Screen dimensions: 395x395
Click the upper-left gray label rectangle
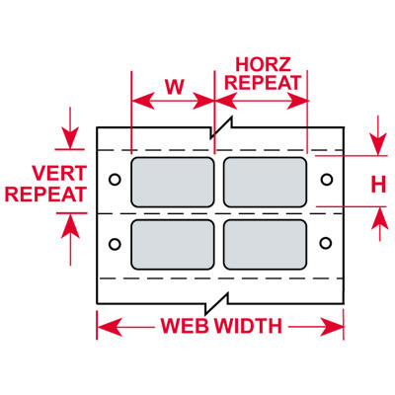coord(173,183)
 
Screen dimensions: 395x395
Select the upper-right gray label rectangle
coord(265,183)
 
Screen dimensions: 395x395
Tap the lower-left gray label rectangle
coord(173,245)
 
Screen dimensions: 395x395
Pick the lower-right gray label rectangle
coord(265,245)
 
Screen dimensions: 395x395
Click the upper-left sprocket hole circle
coord(115,180)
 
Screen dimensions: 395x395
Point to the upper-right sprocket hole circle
coord(326,180)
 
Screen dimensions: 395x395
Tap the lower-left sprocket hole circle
coord(115,244)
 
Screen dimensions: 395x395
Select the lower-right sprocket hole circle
coord(326,243)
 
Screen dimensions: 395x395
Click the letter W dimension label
coord(174,87)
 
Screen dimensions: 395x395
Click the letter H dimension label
coord(378,185)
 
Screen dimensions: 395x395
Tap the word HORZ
coord(264,64)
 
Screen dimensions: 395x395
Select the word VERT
coord(59,173)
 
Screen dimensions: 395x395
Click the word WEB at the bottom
coord(185,326)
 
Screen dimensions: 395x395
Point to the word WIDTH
coord(249,326)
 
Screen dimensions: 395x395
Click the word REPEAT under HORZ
coord(263,82)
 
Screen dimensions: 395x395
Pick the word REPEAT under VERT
coord(45,195)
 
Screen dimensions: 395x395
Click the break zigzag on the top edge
coord(221,127)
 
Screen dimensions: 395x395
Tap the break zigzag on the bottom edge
coord(217,303)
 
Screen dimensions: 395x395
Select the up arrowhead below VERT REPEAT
coord(70,225)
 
